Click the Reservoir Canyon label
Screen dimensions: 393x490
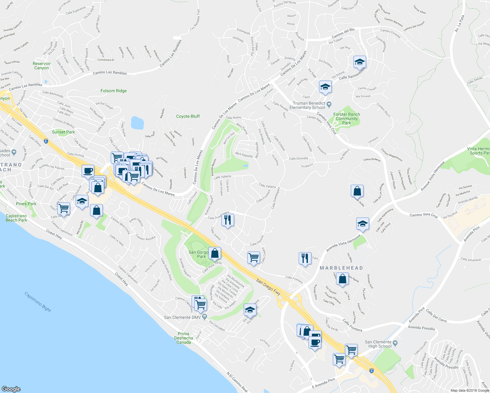pyautogui.click(x=42, y=66)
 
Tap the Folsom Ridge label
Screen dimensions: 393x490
pyautogui.click(x=113, y=91)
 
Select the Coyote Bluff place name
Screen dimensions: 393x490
pyautogui.click(x=188, y=116)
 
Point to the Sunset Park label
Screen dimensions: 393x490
pyautogui.click(x=64, y=132)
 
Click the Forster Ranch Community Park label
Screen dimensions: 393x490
pyautogui.click(x=347, y=119)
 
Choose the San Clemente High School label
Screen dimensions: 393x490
pyautogui.click(x=380, y=344)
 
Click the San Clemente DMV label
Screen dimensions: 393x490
pyautogui.click(x=182, y=317)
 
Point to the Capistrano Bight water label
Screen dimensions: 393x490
pyautogui.click(x=38, y=302)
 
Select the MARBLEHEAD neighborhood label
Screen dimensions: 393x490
pyautogui.click(x=341, y=268)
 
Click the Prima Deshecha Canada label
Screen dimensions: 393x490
pyautogui.click(x=183, y=338)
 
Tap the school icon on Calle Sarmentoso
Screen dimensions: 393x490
pyautogui.click(x=360, y=62)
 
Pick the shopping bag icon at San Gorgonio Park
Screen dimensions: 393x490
pyautogui.click(x=215, y=253)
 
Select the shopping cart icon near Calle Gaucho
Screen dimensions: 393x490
pyautogui.click(x=254, y=257)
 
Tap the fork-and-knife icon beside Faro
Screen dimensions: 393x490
pyautogui.click(x=305, y=258)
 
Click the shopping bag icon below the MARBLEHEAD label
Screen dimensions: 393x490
pyautogui.click(x=342, y=279)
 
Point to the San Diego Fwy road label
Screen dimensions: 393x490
pyautogui.click(x=268, y=287)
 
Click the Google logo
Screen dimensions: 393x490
pyautogui.click(x=11, y=389)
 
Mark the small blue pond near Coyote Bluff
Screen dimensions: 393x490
pyautogui.click(x=137, y=123)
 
